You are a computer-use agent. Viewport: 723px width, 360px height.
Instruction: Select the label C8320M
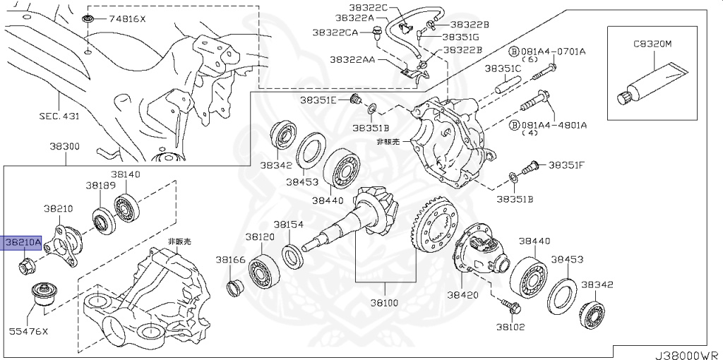pos(652,44)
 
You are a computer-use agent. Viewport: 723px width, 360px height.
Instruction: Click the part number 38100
pos(386,304)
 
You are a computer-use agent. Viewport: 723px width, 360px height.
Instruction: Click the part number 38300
pos(64,147)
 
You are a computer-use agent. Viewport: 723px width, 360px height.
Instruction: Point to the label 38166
pos(231,260)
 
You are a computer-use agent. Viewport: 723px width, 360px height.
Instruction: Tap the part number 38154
pos(289,224)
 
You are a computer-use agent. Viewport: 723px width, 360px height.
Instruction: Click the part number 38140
pos(125,173)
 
